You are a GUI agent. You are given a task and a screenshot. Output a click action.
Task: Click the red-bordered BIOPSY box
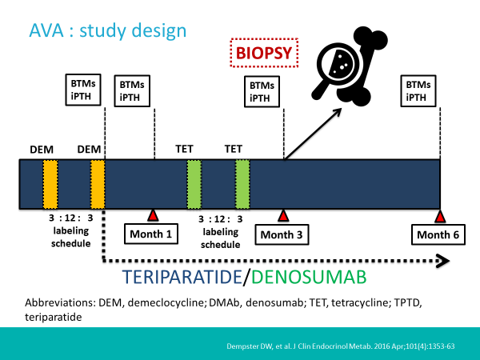pos(263,54)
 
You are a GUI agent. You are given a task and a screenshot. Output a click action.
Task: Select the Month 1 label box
pos(152,234)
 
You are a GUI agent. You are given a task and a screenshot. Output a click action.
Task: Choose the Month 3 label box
pos(282,234)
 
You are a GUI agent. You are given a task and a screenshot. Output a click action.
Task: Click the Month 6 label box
pos(439,234)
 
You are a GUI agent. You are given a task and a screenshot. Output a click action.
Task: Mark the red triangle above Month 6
pos(439,216)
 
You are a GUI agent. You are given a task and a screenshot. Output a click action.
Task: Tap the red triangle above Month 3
pos(282,216)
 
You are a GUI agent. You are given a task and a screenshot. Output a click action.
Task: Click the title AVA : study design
pos(108,31)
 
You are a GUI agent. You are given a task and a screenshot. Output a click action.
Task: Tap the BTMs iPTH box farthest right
pos(416,90)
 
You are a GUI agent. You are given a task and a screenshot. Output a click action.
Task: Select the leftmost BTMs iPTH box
pos(79,90)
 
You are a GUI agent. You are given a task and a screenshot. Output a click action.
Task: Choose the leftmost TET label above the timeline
pos(185,149)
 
